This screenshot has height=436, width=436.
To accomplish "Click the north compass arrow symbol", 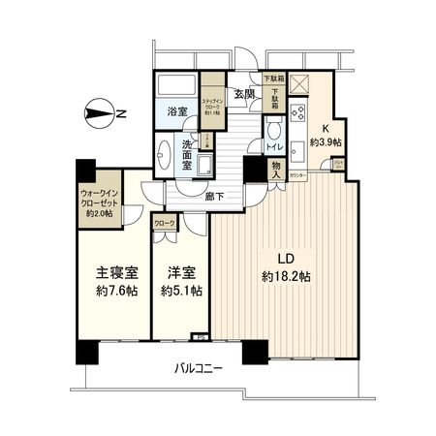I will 100,114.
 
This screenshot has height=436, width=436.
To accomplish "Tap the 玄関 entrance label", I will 244,94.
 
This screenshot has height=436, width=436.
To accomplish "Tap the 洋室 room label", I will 180,273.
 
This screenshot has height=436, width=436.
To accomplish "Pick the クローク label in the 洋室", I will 165,224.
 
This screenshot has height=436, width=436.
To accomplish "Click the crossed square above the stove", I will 298,83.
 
